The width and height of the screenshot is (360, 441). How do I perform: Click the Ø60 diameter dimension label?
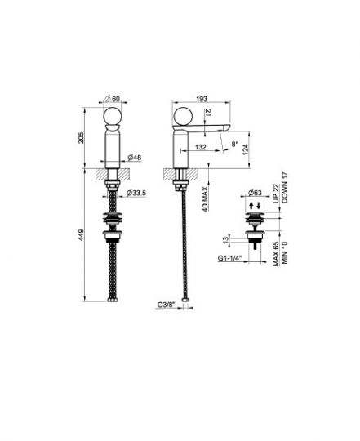(x=113, y=99)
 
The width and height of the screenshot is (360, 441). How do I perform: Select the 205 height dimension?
(x=81, y=137)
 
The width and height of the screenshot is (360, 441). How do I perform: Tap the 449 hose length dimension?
(x=81, y=235)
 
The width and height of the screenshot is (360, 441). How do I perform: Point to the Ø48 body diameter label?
(x=135, y=158)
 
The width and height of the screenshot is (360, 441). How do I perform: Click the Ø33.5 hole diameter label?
(x=136, y=193)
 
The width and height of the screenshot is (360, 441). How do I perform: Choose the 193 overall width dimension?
(x=202, y=99)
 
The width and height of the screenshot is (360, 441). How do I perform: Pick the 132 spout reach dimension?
(x=200, y=147)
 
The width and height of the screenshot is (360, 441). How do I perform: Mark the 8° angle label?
(x=234, y=144)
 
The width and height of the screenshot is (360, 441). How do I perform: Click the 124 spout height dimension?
(x=246, y=149)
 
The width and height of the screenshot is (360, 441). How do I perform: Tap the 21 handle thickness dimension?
(x=208, y=113)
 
